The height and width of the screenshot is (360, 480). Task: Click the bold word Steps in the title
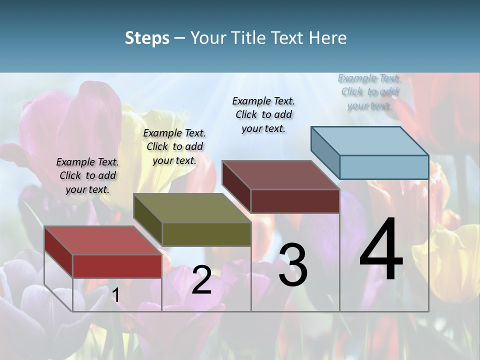147,38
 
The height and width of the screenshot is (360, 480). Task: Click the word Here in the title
326,38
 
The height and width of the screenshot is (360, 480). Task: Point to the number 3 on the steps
293,264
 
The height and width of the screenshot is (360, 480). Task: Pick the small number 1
115,295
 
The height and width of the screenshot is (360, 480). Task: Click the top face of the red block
102,240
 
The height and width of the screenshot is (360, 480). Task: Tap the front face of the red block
117,266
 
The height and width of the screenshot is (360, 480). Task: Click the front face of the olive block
206,234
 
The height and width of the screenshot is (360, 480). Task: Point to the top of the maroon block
280,175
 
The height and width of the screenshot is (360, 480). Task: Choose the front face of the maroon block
295,201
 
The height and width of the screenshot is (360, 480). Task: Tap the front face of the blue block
384,167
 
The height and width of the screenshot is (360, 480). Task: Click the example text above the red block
87,175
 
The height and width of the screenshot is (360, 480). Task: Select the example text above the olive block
174,146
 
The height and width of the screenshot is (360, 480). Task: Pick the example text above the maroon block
263,114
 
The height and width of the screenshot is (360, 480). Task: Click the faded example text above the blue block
369,91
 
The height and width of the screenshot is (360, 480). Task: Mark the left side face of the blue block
325,152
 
